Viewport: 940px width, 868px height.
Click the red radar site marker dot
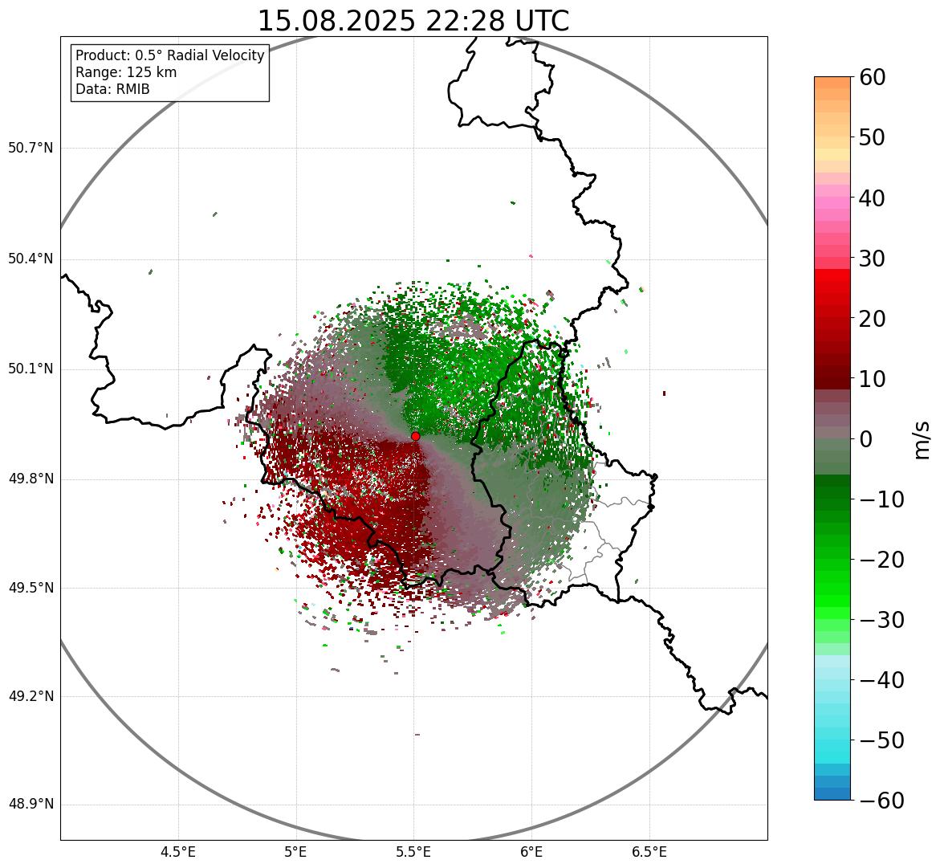[x=416, y=436]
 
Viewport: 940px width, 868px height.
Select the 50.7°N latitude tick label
[x=31, y=149]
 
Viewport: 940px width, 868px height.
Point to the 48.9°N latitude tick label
[x=31, y=805]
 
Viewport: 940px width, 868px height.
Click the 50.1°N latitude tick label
[x=31, y=369]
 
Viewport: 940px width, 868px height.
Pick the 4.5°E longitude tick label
[x=178, y=852]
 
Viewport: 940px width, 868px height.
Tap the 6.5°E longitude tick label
[x=649, y=852]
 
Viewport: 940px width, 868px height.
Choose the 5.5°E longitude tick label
[x=413, y=852]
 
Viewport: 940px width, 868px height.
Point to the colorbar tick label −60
[x=881, y=801]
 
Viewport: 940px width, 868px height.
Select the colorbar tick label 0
[x=866, y=439]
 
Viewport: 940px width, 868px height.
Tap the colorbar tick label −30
[x=881, y=620]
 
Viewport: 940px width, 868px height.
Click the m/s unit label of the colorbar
[x=922, y=439]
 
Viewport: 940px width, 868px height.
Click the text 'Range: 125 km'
[x=126, y=72]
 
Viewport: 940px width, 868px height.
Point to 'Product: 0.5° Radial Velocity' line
[x=169, y=55]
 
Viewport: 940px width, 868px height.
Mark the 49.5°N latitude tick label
[x=31, y=589]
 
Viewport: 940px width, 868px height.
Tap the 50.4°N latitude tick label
[x=31, y=259]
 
